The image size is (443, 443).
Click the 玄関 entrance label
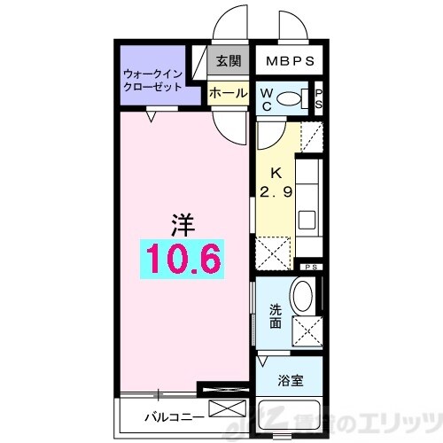coord(228,62)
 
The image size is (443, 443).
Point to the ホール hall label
coord(228,92)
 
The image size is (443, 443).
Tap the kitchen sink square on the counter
coord(307,219)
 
